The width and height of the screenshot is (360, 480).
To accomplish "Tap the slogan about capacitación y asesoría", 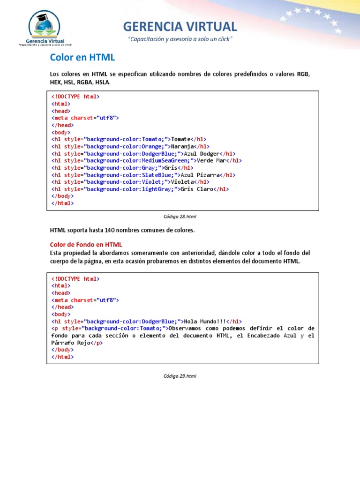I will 180,39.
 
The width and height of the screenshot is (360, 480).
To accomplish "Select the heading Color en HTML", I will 82,58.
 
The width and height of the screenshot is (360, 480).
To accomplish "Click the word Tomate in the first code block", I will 181,139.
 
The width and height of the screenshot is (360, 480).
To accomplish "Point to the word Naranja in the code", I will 184,146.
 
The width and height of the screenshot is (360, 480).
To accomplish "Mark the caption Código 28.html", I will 180,217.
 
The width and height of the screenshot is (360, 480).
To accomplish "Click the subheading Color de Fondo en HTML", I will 86,244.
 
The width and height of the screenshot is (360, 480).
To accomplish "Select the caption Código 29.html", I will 180,376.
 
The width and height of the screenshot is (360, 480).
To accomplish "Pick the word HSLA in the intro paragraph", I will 103,82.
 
